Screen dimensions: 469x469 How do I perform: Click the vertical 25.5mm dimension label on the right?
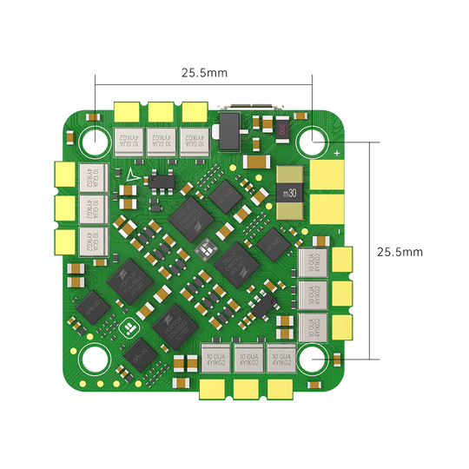point(400,252)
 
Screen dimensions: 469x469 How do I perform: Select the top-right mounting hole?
point(312,139)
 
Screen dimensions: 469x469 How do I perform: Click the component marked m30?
point(289,192)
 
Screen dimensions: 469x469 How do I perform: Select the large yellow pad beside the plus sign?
point(330,175)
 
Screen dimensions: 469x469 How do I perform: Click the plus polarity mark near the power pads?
point(337,154)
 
